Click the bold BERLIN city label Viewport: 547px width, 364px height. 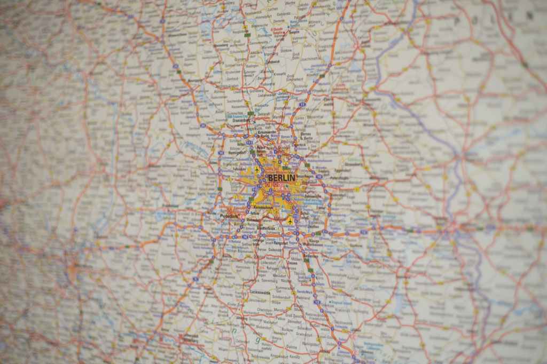(x=281, y=177)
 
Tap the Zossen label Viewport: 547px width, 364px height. (x=292, y=263)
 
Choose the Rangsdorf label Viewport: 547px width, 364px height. (x=280, y=243)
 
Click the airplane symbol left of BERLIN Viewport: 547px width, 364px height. (x=257, y=170)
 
